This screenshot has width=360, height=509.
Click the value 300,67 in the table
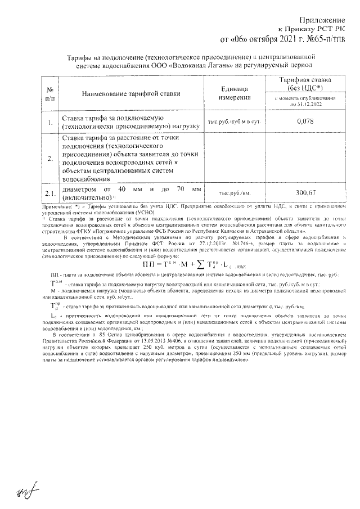click(304, 193)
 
